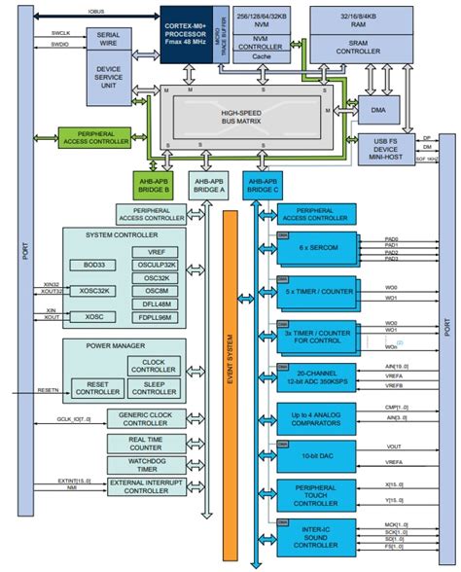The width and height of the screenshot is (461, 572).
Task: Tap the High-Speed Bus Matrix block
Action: [x=252, y=114]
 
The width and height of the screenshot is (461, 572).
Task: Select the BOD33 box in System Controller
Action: [x=93, y=264]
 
